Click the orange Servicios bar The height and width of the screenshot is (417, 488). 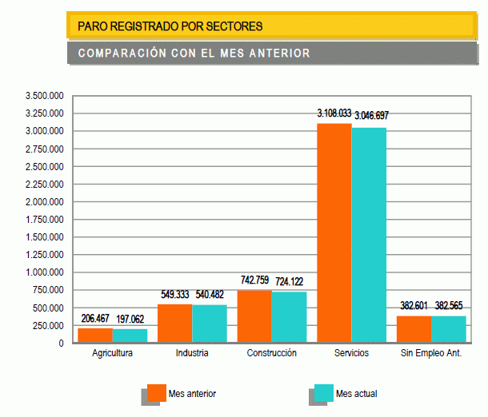334,233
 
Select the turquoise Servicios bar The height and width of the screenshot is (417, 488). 369,236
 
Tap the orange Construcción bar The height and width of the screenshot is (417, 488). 254,316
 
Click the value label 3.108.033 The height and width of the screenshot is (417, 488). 334,113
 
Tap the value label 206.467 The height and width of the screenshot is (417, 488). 95,318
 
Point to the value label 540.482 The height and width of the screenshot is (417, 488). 210,294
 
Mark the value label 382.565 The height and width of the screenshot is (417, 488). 449,305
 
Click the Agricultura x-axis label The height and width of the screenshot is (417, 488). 112,352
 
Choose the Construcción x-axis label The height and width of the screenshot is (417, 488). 271,352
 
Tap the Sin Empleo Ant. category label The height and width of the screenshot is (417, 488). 431,352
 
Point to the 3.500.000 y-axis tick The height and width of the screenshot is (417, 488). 44,96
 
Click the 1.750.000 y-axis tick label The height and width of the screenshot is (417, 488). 44,220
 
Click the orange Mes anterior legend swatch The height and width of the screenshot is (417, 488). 156,394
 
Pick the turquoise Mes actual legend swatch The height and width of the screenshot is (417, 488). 323,394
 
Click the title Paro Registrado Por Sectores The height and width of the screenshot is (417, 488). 170,26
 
